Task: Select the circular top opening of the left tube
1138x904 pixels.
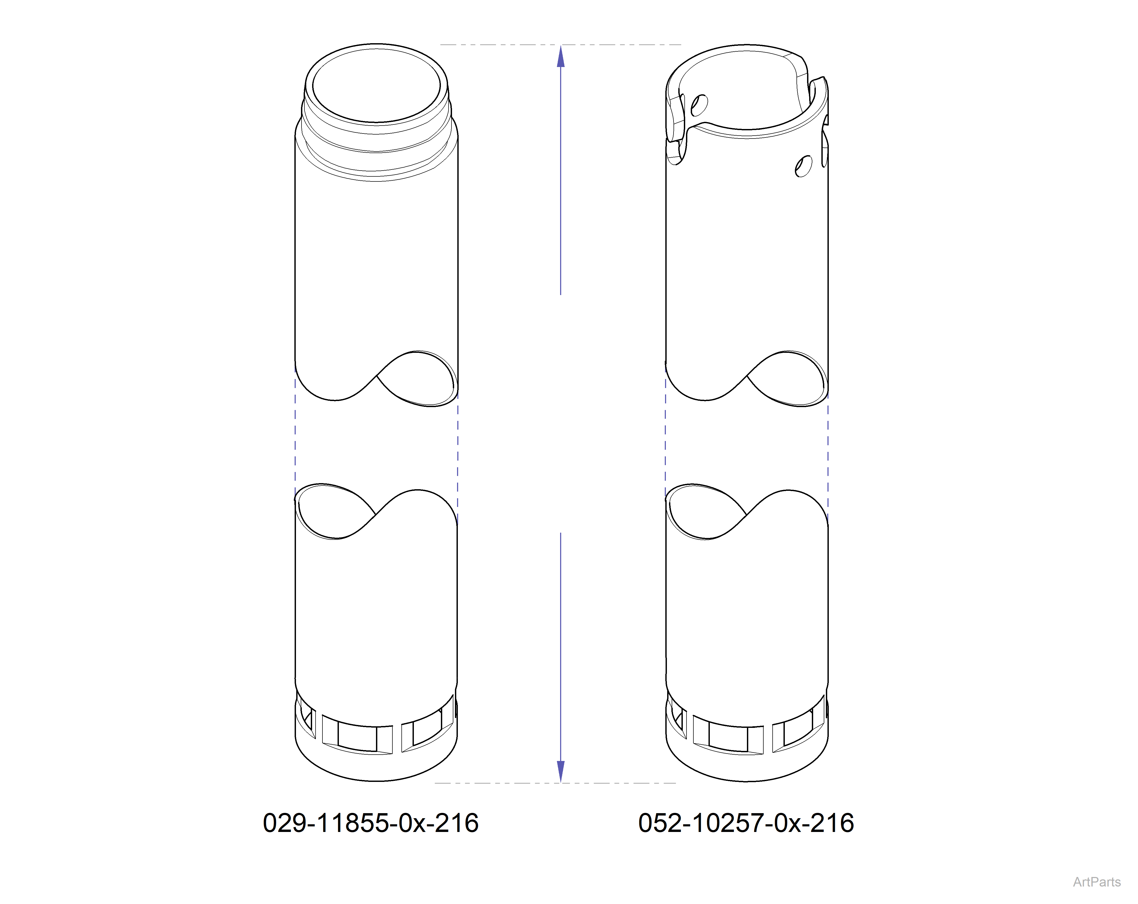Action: (x=376, y=86)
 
